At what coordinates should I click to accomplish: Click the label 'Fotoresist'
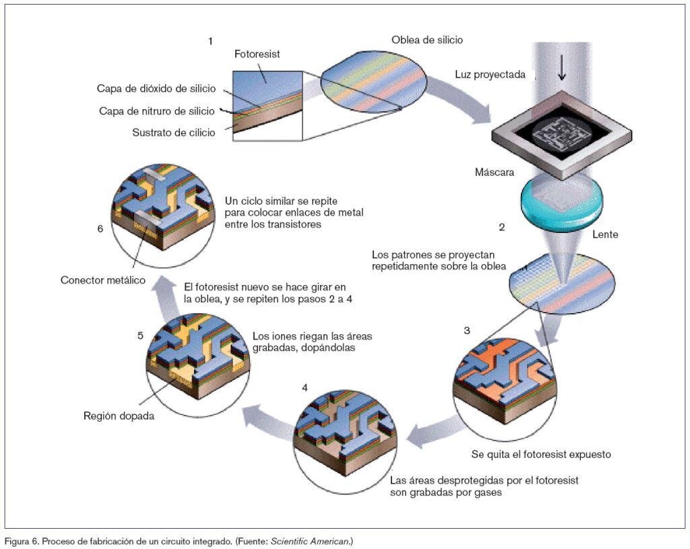(x=257, y=54)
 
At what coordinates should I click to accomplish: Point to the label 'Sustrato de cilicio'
(x=174, y=133)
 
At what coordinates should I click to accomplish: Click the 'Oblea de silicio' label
(x=427, y=40)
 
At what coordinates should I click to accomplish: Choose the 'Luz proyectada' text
(x=490, y=75)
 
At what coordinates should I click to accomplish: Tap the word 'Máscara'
(x=495, y=172)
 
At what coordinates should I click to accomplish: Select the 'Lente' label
(x=604, y=235)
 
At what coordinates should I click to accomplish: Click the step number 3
(x=467, y=330)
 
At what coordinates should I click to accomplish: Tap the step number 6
(x=100, y=228)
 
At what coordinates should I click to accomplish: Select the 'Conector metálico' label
(x=103, y=280)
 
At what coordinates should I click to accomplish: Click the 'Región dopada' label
(x=119, y=416)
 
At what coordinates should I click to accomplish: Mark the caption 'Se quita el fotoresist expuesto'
(x=541, y=454)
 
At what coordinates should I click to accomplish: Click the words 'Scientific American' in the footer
(x=310, y=541)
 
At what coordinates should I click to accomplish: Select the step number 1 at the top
(x=210, y=41)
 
